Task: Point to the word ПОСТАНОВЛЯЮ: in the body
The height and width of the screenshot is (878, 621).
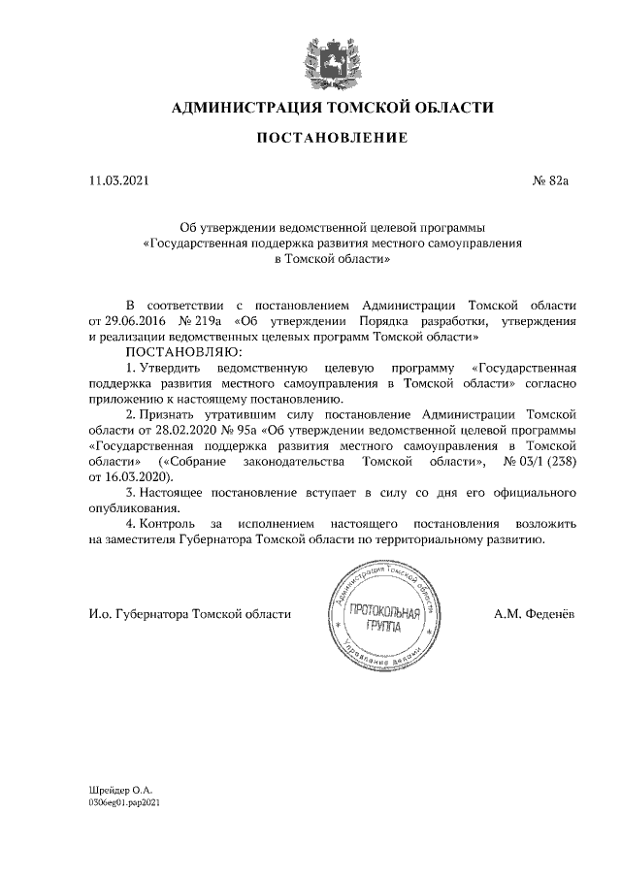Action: click(180, 352)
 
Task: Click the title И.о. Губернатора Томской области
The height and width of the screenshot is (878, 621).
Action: click(189, 614)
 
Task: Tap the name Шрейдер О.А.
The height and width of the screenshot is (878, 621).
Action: click(120, 792)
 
